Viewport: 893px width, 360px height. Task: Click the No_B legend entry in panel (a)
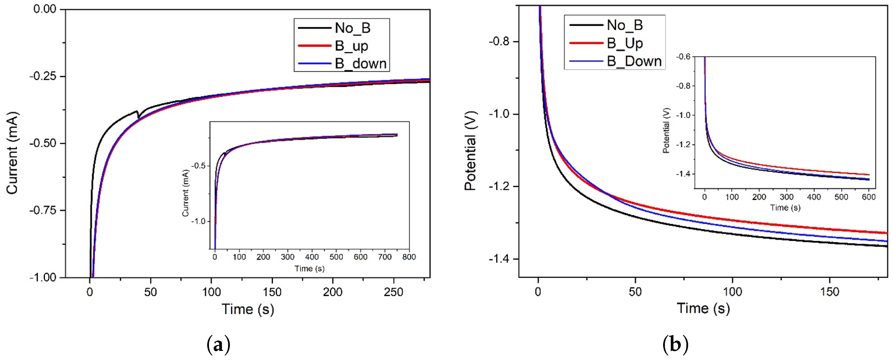point(352,28)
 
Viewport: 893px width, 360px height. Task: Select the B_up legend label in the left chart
point(351,46)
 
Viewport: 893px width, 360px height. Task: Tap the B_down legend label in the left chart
point(360,63)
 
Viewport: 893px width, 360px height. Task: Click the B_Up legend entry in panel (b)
point(625,43)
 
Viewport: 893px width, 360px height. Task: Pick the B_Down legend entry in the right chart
point(634,61)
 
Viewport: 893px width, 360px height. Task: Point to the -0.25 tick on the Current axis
point(43,76)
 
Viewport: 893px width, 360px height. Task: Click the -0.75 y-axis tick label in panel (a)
point(43,210)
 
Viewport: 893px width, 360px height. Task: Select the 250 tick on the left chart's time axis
point(394,292)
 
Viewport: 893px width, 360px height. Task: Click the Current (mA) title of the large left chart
point(12,153)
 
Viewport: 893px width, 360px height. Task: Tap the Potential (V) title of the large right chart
point(470,151)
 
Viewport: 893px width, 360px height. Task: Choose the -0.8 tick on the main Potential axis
point(499,42)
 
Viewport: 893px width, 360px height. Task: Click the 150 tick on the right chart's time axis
point(829,291)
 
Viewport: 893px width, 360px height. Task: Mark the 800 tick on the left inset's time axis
point(409,257)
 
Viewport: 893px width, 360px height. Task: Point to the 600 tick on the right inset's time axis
point(869,197)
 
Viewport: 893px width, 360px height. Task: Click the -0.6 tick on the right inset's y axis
point(683,57)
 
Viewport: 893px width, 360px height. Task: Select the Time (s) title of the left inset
point(310,268)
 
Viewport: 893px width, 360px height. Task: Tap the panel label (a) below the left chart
point(218,345)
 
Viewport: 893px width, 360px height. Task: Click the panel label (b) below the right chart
point(675,345)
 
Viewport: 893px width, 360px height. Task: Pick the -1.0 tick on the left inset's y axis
point(199,221)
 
